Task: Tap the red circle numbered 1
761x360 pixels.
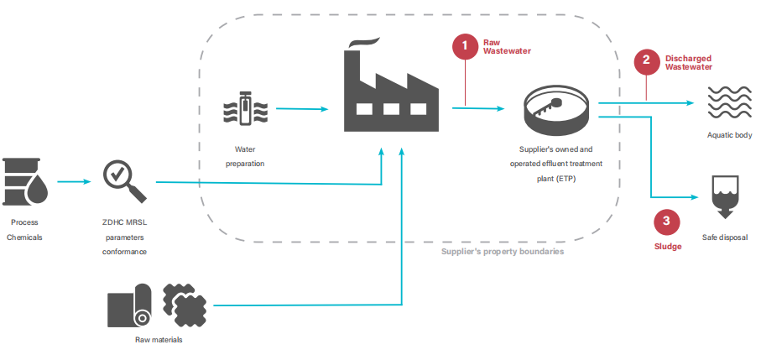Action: (x=467, y=47)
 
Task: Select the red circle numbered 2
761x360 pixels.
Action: (x=646, y=60)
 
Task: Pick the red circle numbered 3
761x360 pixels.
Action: (x=666, y=222)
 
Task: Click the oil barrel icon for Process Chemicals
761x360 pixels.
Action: (x=25, y=180)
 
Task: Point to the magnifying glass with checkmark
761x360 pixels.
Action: (x=123, y=182)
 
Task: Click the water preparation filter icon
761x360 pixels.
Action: (x=245, y=108)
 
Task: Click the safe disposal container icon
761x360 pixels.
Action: (x=725, y=196)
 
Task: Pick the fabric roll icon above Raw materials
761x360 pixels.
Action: (x=129, y=307)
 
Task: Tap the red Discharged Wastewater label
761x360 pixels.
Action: (x=688, y=62)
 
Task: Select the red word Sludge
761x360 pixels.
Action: (x=668, y=247)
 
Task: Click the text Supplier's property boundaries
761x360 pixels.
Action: (x=503, y=251)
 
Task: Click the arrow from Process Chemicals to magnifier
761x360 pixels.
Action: (x=75, y=180)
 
